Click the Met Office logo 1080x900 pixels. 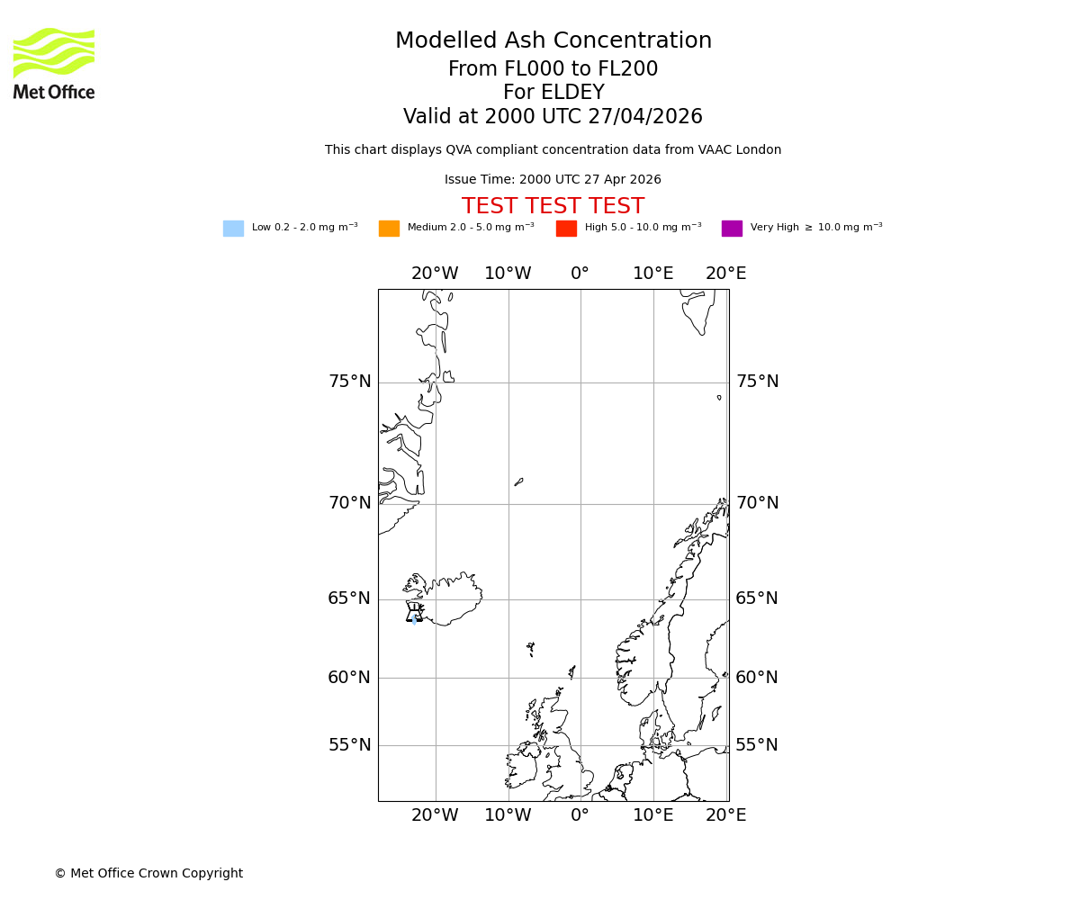click(x=54, y=63)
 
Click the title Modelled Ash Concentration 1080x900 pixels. click(x=553, y=41)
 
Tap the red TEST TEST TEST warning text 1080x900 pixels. click(x=553, y=207)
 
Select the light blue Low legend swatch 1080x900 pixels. click(x=233, y=229)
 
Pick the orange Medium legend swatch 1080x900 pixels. click(x=389, y=229)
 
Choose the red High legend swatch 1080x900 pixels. click(x=566, y=229)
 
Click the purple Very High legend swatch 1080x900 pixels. click(x=732, y=229)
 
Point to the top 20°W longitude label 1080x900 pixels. click(x=435, y=274)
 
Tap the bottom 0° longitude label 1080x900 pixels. click(x=580, y=815)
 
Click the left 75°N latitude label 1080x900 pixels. click(x=349, y=382)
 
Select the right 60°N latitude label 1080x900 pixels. click(x=757, y=678)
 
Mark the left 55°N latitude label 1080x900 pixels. click(x=349, y=745)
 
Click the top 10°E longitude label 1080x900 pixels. click(x=653, y=274)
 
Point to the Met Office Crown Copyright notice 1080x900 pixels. click(x=148, y=874)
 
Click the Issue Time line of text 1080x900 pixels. click(x=553, y=180)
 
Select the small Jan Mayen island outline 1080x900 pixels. click(x=518, y=482)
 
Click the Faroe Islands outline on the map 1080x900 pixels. click(x=531, y=648)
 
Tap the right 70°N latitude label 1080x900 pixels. click(x=758, y=503)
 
